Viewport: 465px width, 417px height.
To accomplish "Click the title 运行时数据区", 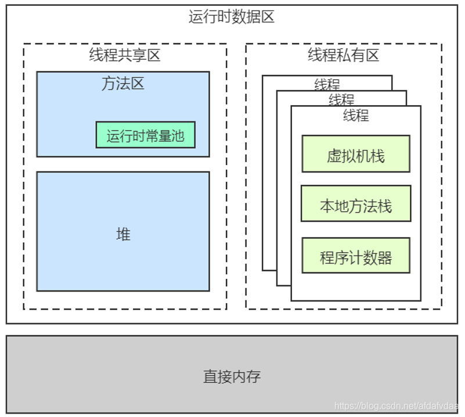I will pos(231,17).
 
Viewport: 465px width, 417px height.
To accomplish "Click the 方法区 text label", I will pos(122,84).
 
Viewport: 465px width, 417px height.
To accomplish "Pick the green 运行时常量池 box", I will pos(145,135).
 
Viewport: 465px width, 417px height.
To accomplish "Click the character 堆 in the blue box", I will pos(123,234).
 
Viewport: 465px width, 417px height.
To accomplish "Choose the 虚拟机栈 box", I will pos(356,154).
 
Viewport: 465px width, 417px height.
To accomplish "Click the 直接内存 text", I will pos(232,376).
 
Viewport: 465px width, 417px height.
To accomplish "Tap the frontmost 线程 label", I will pos(356,115).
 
